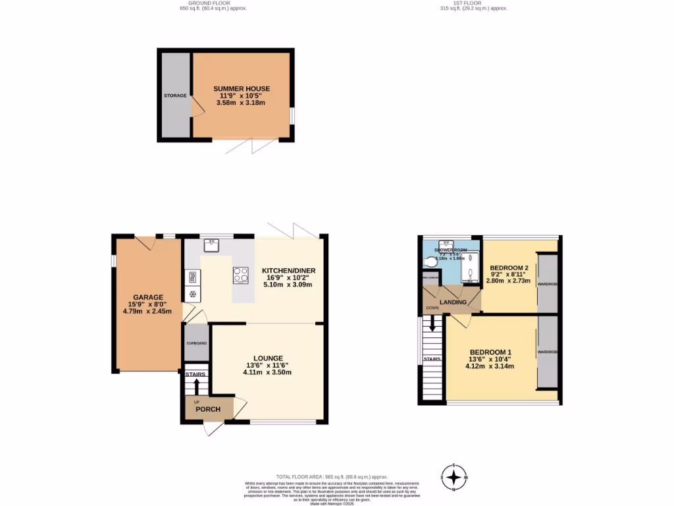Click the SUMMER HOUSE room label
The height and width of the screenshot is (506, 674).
(x=241, y=89)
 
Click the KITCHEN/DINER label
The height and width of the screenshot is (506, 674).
(x=288, y=271)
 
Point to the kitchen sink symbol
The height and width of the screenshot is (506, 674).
(x=212, y=244)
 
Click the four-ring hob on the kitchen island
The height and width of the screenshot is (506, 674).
(x=240, y=275)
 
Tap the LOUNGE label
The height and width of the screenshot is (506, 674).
(x=267, y=358)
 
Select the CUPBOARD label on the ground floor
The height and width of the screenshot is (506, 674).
(x=196, y=343)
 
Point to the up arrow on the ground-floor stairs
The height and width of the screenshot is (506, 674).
(x=196, y=385)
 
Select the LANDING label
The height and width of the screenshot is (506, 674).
(x=454, y=302)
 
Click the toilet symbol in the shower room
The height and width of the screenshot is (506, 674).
(x=432, y=262)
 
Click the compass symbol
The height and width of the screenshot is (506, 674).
(x=454, y=476)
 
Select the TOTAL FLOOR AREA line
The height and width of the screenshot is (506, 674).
(x=332, y=476)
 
